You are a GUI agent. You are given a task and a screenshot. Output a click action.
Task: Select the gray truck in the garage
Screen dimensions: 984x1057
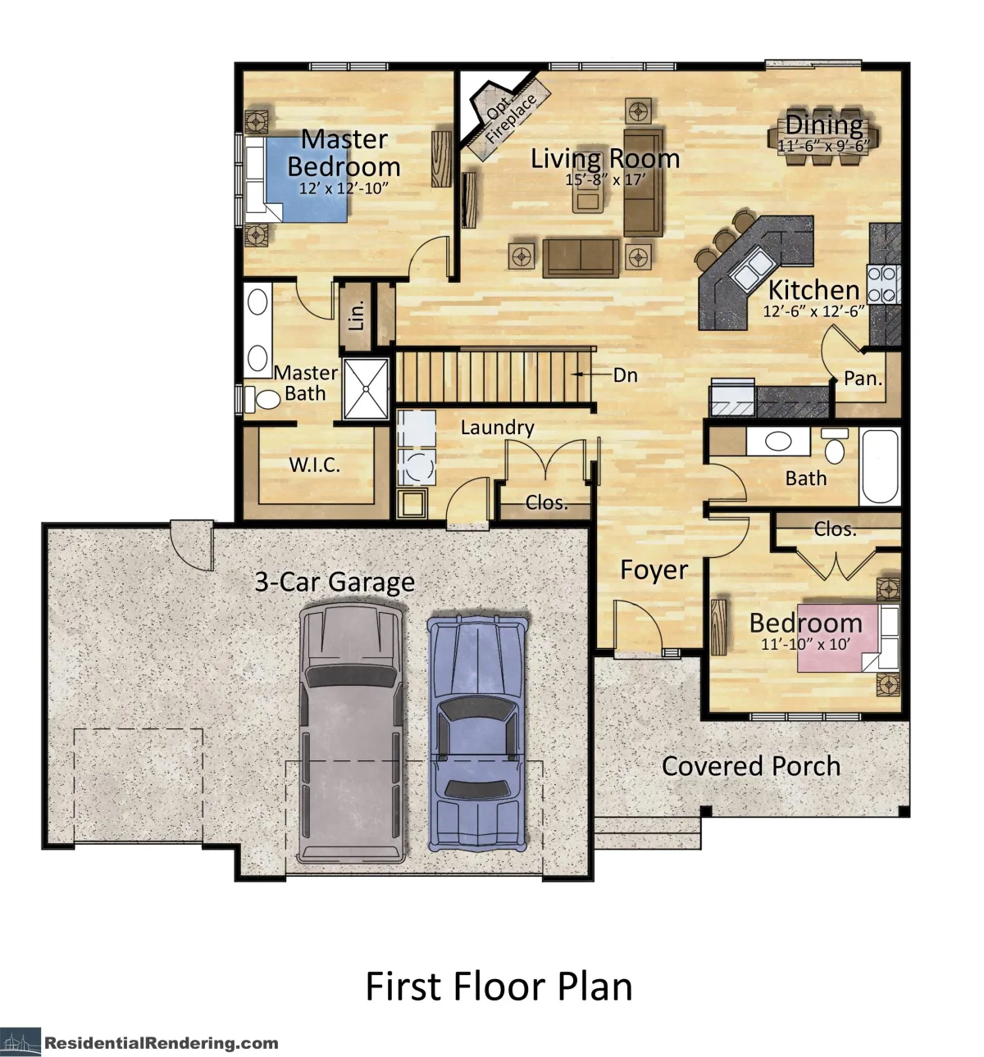[351, 733]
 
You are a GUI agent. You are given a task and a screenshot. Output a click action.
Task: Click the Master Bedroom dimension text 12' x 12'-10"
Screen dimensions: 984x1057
[344, 188]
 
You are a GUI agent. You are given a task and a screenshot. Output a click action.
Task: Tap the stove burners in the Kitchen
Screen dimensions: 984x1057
[883, 284]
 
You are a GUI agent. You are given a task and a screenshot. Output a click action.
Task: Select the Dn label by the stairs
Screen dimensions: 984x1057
[625, 375]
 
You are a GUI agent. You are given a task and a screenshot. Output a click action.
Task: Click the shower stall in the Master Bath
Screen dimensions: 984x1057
[366, 389]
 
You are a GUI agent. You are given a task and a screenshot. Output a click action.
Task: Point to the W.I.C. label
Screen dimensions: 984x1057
[314, 465]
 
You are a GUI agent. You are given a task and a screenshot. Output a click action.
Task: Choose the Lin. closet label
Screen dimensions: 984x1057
[357, 315]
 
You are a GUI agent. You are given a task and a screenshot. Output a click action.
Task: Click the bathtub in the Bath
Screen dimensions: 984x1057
[880, 466]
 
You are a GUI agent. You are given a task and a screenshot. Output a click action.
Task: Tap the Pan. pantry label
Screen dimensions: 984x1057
[863, 379]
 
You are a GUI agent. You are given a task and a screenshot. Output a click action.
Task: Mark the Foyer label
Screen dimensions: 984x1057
[654, 570]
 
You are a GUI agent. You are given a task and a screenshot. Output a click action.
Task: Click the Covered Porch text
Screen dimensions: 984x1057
[751, 766]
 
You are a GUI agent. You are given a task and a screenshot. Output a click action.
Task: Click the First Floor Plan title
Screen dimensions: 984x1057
[499, 987]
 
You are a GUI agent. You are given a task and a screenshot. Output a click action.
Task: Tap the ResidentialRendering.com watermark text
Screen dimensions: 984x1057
[161, 1042]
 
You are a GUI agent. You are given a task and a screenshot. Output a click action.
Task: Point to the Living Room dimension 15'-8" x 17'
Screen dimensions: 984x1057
[605, 179]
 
